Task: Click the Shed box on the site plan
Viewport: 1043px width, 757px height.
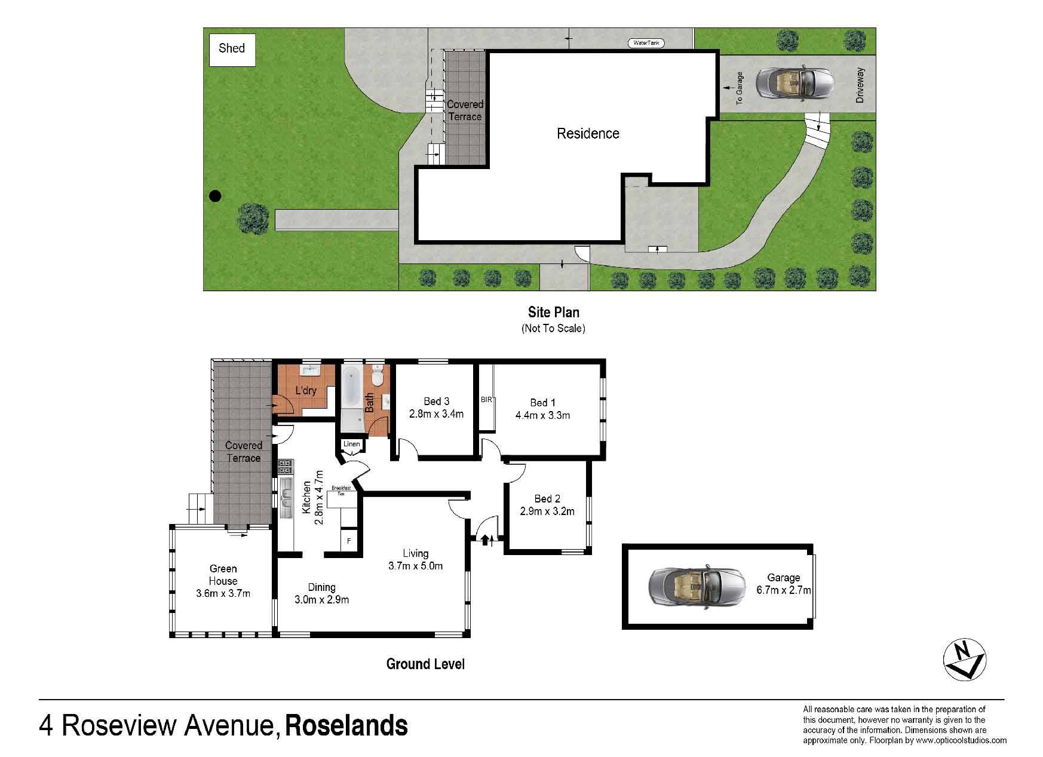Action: pyautogui.click(x=232, y=48)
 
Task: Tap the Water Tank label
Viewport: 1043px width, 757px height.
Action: pyautogui.click(x=646, y=43)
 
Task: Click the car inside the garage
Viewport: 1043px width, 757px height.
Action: pyautogui.click(x=697, y=586)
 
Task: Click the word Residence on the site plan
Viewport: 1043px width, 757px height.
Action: pyautogui.click(x=588, y=133)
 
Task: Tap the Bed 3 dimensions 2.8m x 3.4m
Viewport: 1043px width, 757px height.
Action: pyautogui.click(x=436, y=413)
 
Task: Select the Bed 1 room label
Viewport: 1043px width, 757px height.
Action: pyautogui.click(x=543, y=403)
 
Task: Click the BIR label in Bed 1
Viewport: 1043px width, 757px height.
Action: pyautogui.click(x=486, y=399)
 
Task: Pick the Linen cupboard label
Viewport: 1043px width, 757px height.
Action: pyautogui.click(x=351, y=444)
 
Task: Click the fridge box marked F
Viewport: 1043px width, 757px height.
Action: pyautogui.click(x=349, y=541)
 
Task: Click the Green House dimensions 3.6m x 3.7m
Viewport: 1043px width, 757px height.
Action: pyautogui.click(x=223, y=593)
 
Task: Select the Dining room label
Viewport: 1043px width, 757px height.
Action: pyautogui.click(x=321, y=587)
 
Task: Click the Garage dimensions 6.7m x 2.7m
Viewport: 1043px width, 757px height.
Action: pyautogui.click(x=783, y=590)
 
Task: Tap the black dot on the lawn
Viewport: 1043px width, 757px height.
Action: pyautogui.click(x=215, y=195)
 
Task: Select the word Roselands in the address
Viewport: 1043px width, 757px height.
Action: pyautogui.click(x=346, y=727)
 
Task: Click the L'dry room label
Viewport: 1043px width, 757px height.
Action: pyautogui.click(x=306, y=391)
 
